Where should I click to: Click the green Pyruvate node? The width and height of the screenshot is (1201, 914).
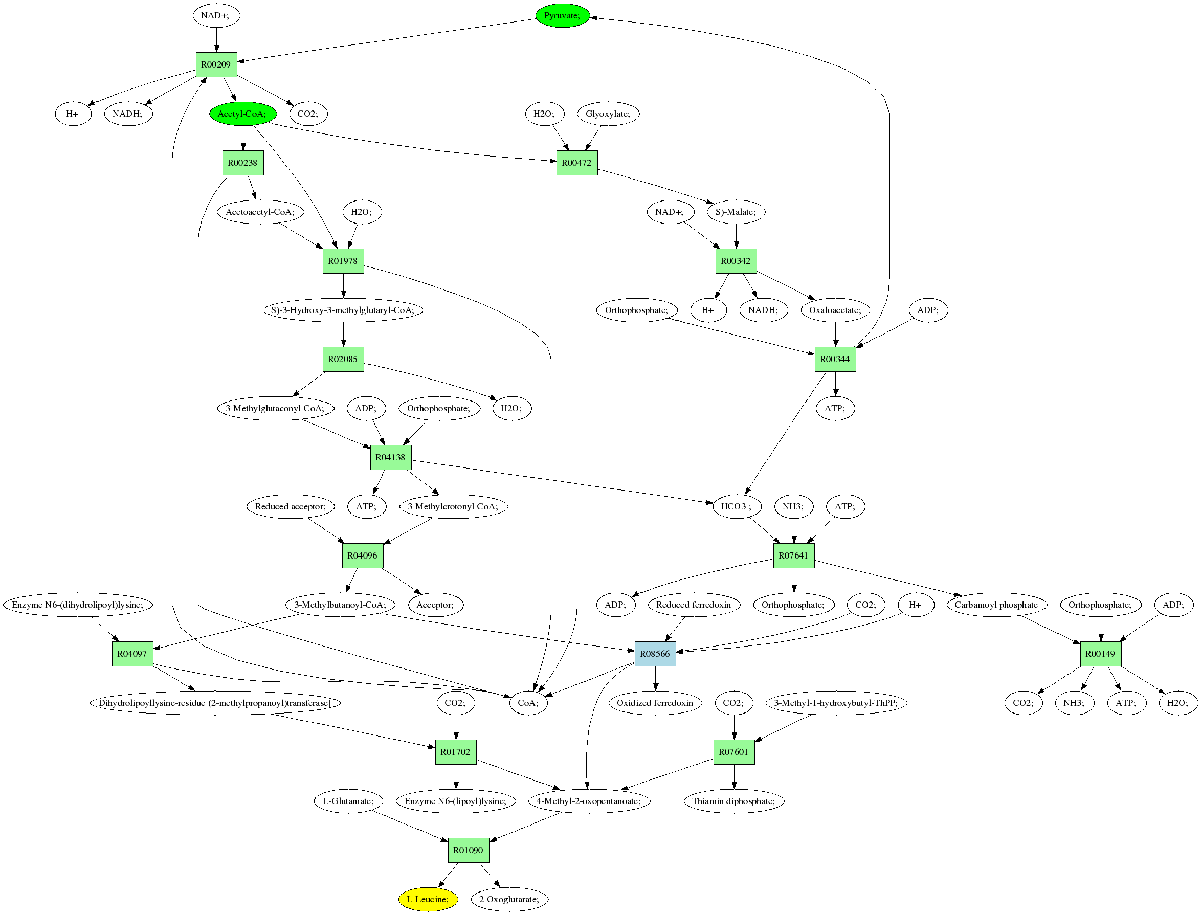[x=563, y=16]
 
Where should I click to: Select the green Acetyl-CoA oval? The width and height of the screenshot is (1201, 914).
[x=242, y=114]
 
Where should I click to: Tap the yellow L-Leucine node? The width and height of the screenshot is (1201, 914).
[x=428, y=899]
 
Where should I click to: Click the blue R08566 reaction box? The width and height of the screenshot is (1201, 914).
[x=655, y=653]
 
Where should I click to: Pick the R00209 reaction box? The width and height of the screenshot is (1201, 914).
[x=216, y=65]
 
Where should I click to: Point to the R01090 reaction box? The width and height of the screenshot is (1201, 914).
[x=469, y=850]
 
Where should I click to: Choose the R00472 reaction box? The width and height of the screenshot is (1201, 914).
[x=576, y=163]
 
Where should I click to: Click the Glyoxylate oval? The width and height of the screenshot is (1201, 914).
[x=608, y=114]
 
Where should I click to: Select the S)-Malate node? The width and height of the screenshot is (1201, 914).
[x=736, y=212]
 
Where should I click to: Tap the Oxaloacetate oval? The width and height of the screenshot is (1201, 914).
[x=835, y=310]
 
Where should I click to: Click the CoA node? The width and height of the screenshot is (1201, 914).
[x=528, y=703]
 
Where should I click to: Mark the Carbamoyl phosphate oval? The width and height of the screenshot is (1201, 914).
[x=996, y=605]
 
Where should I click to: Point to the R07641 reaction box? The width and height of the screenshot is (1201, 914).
[x=794, y=555]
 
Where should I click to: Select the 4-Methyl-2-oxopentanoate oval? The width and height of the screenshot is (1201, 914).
[x=589, y=801]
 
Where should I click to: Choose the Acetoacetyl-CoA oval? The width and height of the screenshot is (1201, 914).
[x=260, y=212]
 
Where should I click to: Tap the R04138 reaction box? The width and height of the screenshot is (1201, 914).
[x=391, y=457]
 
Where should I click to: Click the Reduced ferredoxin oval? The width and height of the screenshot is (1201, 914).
[x=694, y=605]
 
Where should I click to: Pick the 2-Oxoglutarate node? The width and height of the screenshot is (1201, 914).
[x=509, y=899]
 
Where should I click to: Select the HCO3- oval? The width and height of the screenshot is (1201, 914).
[x=737, y=506]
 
